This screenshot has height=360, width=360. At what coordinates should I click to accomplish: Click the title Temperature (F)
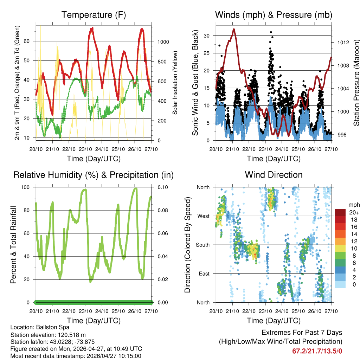click(x=94, y=15)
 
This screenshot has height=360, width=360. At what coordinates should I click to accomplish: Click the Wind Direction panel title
click(x=274, y=175)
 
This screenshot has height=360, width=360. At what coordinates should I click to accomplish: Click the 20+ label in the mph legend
click(x=354, y=212)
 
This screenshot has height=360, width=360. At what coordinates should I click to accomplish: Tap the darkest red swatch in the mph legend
click(x=340, y=212)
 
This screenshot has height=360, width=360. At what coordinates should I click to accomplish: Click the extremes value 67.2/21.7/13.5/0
click(x=317, y=351)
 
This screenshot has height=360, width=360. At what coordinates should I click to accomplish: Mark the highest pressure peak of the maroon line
click(x=234, y=30)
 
